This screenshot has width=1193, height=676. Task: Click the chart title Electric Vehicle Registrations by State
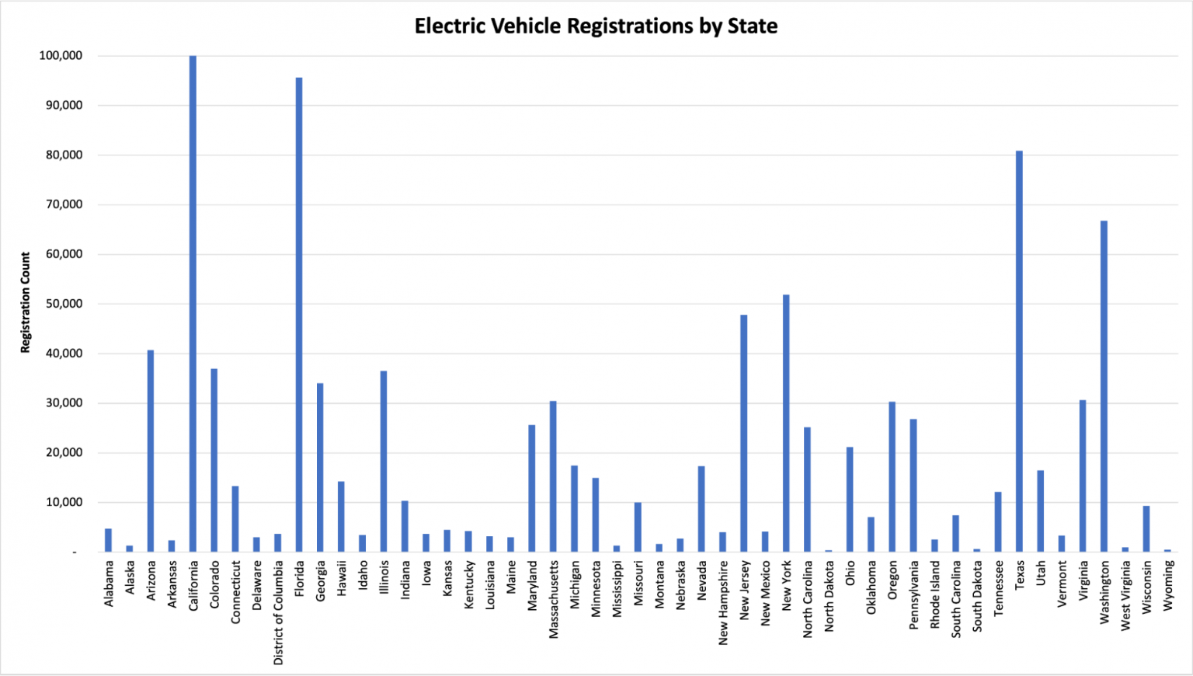tap(596, 26)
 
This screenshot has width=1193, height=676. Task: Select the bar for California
tap(193, 303)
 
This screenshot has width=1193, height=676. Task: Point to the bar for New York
tap(786, 423)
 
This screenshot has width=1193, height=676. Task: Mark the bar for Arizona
tap(151, 451)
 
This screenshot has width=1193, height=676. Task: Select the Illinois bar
tap(384, 462)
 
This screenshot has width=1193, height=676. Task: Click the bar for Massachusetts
tap(553, 476)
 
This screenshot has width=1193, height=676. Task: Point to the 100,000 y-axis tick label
tap(61, 56)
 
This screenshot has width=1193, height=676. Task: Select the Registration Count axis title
tap(26, 302)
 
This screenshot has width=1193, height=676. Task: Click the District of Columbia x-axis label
tap(278, 612)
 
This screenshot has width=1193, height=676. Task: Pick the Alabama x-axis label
tap(109, 584)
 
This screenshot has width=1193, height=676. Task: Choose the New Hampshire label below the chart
tap(723, 603)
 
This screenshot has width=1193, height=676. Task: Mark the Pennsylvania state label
tap(913, 595)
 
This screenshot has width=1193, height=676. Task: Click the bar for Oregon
tap(892, 477)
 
